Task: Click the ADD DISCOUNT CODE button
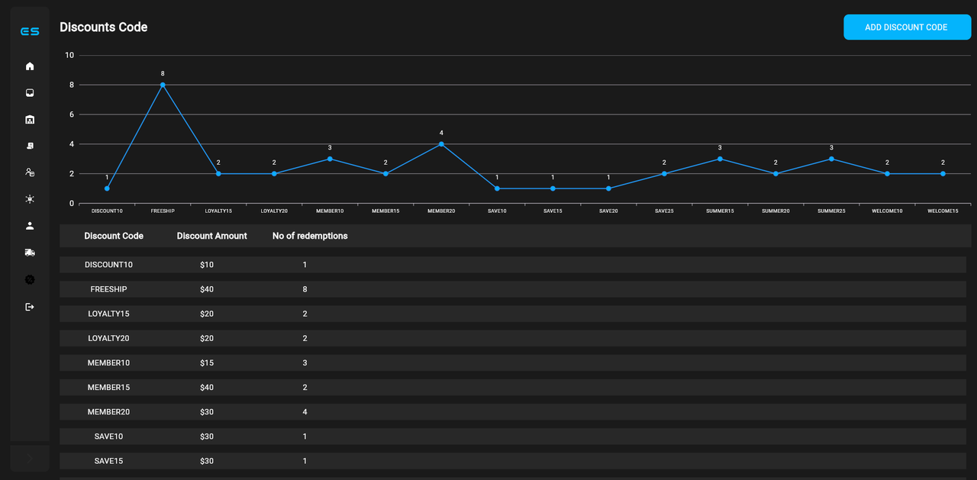click(907, 27)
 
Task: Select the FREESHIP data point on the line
click(163, 85)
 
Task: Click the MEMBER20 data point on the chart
click(441, 144)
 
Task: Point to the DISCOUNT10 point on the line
click(107, 188)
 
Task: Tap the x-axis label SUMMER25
click(831, 211)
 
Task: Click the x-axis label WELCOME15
click(943, 211)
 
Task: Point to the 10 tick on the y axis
click(69, 55)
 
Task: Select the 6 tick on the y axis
click(72, 114)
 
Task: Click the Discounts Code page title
click(104, 27)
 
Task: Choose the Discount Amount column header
click(211, 236)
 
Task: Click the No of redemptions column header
click(310, 236)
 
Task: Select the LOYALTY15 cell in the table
click(108, 314)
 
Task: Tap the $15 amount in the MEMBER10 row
click(206, 362)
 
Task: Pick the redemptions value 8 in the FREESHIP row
click(305, 289)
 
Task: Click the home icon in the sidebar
click(30, 66)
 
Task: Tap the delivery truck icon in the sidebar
click(30, 253)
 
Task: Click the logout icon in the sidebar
click(30, 307)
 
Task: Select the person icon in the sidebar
click(30, 226)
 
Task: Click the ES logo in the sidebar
click(30, 31)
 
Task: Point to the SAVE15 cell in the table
click(108, 461)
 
